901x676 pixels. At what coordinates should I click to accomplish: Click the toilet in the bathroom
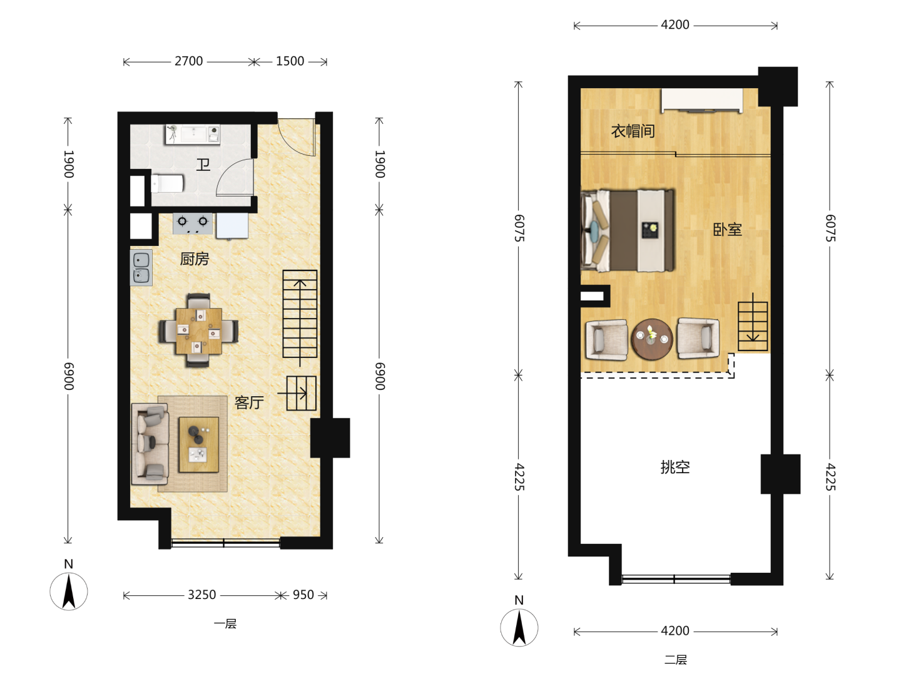[167, 183]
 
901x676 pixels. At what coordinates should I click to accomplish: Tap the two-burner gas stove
[193, 223]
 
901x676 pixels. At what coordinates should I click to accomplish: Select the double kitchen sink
[141, 268]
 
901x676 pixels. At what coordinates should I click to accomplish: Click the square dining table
[199, 331]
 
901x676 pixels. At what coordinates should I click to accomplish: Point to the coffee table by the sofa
[199, 444]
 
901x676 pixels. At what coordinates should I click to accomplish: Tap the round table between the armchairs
[652, 339]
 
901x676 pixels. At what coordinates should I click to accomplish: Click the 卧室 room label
[727, 230]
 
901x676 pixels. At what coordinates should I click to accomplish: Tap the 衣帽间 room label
[633, 131]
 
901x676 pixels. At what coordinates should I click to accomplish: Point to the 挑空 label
[675, 467]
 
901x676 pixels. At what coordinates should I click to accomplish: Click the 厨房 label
[194, 259]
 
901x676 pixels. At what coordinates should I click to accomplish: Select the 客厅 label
[249, 402]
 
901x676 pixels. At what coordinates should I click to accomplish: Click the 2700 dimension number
[189, 61]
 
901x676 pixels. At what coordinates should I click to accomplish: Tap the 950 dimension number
[303, 595]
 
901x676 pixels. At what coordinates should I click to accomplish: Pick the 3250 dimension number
[202, 595]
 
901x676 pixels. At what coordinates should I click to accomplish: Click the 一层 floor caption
[225, 624]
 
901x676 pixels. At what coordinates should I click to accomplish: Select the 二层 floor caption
[676, 660]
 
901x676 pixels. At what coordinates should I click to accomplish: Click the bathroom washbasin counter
[193, 135]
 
